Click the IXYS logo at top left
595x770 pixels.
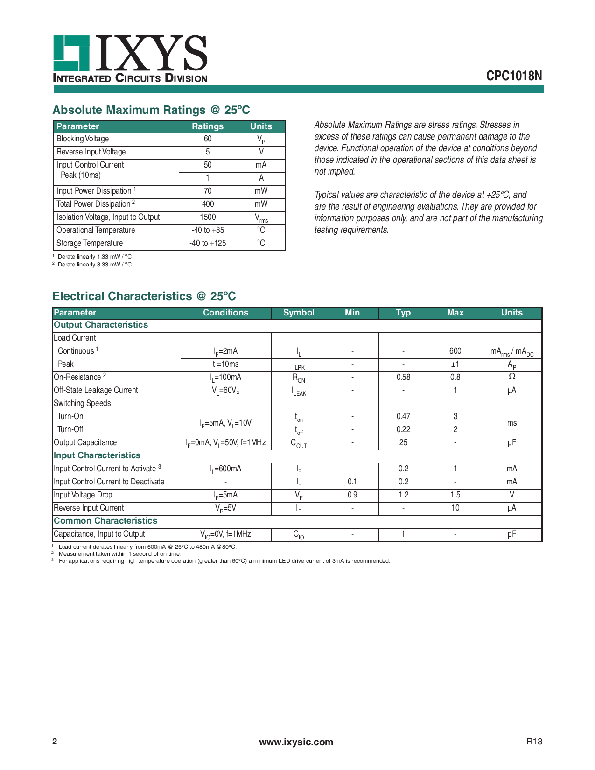pyautogui.click(x=130, y=58)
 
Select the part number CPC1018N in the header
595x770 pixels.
pyautogui.click(x=514, y=76)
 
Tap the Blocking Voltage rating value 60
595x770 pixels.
pyautogui.click(x=208, y=139)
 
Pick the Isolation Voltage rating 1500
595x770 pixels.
pyautogui.click(x=208, y=217)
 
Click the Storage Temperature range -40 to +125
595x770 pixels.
pyautogui.click(x=208, y=243)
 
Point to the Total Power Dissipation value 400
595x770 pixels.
pyautogui.click(x=208, y=204)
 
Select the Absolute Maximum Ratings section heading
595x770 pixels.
pyautogui.click(x=151, y=110)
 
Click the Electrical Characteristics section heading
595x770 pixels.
pyautogui.click(x=144, y=296)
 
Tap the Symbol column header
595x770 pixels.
pyautogui.click(x=299, y=313)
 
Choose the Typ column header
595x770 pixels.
pyautogui.click(x=403, y=313)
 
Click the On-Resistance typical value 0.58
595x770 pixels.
pyautogui.click(x=403, y=377)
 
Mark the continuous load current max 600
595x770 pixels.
pyautogui.click(x=455, y=351)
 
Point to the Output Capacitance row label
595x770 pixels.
pyautogui.click(x=85, y=442)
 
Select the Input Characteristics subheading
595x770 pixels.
pyautogui.click(x=97, y=455)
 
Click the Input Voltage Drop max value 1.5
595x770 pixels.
pyautogui.click(x=455, y=495)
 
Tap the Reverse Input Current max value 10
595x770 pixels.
pyautogui.click(x=455, y=508)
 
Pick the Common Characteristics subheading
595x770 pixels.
pyautogui.click(x=105, y=521)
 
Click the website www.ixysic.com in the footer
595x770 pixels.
pyautogui.click(x=296, y=742)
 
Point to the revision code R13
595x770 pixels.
pyautogui.click(x=534, y=742)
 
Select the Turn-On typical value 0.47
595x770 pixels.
pyautogui.click(x=403, y=416)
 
